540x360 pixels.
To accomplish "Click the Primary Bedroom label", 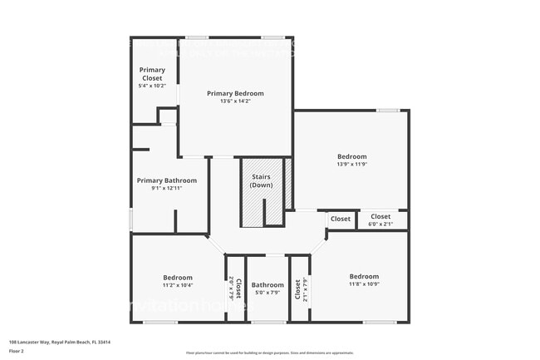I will pyautogui.click(x=235, y=93).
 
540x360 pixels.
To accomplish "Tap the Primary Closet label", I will pyautogui.click(x=152, y=74).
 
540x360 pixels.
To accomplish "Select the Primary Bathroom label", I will pyautogui.click(x=167, y=180).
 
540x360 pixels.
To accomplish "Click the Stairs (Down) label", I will pyautogui.click(x=262, y=180).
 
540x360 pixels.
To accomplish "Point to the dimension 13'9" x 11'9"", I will pyautogui.click(x=351, y=165).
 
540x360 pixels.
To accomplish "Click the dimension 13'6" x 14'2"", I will pyautogui.click(x=235, y=101).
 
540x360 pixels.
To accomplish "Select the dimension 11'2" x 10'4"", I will pyautogui.click(x=178, y=285).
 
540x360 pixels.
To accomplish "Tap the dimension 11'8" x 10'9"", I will pyautogui.click(x=364, y=284).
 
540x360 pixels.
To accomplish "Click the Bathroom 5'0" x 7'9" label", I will pyautogui.click(x=268, y=284).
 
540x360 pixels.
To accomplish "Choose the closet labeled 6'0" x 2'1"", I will pyautogui.click(x=380, y=224).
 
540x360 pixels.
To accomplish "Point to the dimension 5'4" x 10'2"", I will pyautogui.click(x=152, y=86).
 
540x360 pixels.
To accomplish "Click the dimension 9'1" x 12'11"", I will pyautogui.click(x=167, y=189).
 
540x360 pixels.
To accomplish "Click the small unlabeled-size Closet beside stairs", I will pyautogui.click(x=341, y=219).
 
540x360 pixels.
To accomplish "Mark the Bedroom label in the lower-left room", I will pyautogui.click(x=178, y=278).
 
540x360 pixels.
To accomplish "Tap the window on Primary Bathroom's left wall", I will pyautogui.click(x=131, y=219).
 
